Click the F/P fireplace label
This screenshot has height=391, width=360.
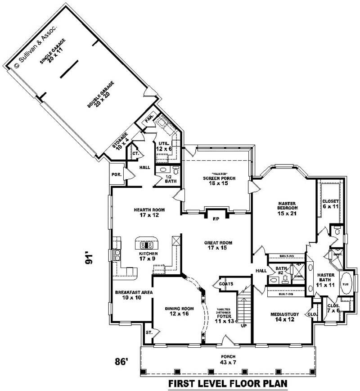tap(216, 219)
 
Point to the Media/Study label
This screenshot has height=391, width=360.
tap(282, 317)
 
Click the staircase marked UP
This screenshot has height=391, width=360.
tap(243, 309)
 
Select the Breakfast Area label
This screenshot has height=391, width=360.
tap(134, 295)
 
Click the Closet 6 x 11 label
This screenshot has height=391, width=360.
tap(330, 203)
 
